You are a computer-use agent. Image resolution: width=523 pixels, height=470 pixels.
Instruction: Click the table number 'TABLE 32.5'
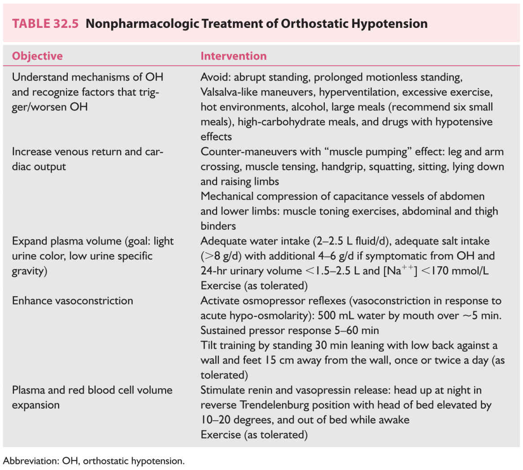[45, 24]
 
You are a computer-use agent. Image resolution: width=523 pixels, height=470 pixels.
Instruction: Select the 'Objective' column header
[37, 56]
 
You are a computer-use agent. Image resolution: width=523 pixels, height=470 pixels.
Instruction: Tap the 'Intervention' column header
[233, 56]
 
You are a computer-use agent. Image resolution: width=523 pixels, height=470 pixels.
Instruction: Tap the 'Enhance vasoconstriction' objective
[72, 301]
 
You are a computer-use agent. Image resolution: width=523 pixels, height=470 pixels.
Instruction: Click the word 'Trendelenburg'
[276, 405]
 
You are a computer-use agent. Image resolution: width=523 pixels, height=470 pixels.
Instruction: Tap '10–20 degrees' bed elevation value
[236, 420]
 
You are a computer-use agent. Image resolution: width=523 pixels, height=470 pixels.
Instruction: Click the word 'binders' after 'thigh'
[218, 226]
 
